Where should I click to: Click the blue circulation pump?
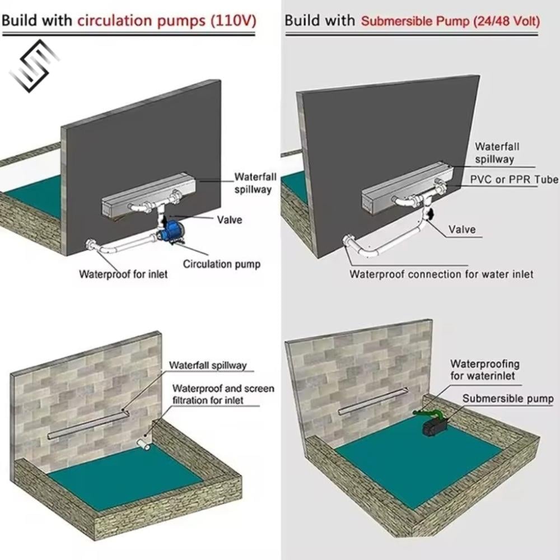(170, 231)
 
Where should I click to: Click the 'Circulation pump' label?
(222, 264)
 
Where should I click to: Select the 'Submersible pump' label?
(508, 398)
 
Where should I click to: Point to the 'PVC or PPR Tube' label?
(514, 179)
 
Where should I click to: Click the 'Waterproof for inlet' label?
(123, 274)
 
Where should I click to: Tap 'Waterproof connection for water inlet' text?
(441, 274)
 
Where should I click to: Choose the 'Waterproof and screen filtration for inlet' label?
(223, 394)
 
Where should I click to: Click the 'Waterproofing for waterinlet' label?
(484, 370)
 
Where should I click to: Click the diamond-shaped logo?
(34, 66)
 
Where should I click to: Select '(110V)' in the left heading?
(234, 21)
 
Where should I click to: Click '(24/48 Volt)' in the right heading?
(506, 21)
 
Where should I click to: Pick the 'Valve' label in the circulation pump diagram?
(230, 220)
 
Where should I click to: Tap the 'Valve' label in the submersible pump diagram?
(462, 229)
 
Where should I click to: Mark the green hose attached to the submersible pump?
(429, 414)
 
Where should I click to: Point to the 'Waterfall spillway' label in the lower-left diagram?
(208, 365)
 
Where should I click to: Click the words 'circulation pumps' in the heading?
(142, 21)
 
